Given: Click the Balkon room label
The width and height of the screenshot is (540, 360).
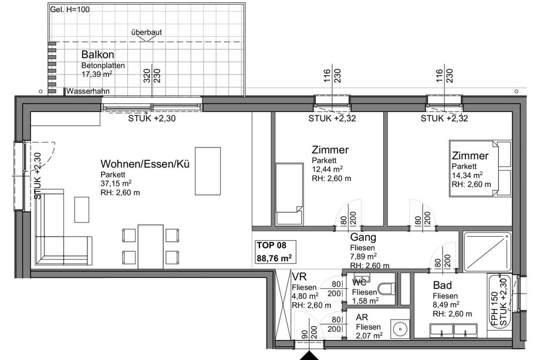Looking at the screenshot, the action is [x=98, y=55].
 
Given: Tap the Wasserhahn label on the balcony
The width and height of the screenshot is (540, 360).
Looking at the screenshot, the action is [x=88, y=91].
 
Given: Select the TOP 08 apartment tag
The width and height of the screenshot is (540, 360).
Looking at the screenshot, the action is [x=271, y=245].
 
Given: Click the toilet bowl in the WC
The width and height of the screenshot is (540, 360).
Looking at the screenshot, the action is [x=386, y=289].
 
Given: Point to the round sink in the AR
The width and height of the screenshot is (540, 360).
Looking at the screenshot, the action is [x=400, y=328].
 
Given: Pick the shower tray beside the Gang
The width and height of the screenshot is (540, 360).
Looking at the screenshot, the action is [x=487, y=252].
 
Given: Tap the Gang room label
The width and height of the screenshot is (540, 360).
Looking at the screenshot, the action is [x=363, y=237].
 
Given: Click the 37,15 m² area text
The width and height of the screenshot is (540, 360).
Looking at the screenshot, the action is [x=116, y=183].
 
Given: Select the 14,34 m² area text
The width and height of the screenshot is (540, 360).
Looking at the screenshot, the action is [x=467, y=176].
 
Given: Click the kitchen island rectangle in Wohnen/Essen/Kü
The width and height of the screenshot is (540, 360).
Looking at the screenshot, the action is [x=208, y=171].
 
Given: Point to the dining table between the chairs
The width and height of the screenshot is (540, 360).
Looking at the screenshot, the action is [x=150, y=247].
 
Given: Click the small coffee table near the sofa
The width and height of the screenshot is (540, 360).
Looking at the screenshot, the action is [x=82, y=210].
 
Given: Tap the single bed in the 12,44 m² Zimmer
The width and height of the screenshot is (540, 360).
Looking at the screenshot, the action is [x=289, y=194].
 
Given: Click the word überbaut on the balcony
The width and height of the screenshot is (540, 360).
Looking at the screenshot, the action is [x=146, y=32].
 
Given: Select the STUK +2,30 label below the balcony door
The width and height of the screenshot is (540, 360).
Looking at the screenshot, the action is [x=152, y=119].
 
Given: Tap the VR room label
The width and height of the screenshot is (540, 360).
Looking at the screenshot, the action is [x=299, y=277].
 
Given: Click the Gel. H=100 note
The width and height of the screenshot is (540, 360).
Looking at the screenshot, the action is [x=70, y=9].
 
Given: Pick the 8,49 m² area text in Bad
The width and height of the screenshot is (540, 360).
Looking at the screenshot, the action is [x=446, y=305].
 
